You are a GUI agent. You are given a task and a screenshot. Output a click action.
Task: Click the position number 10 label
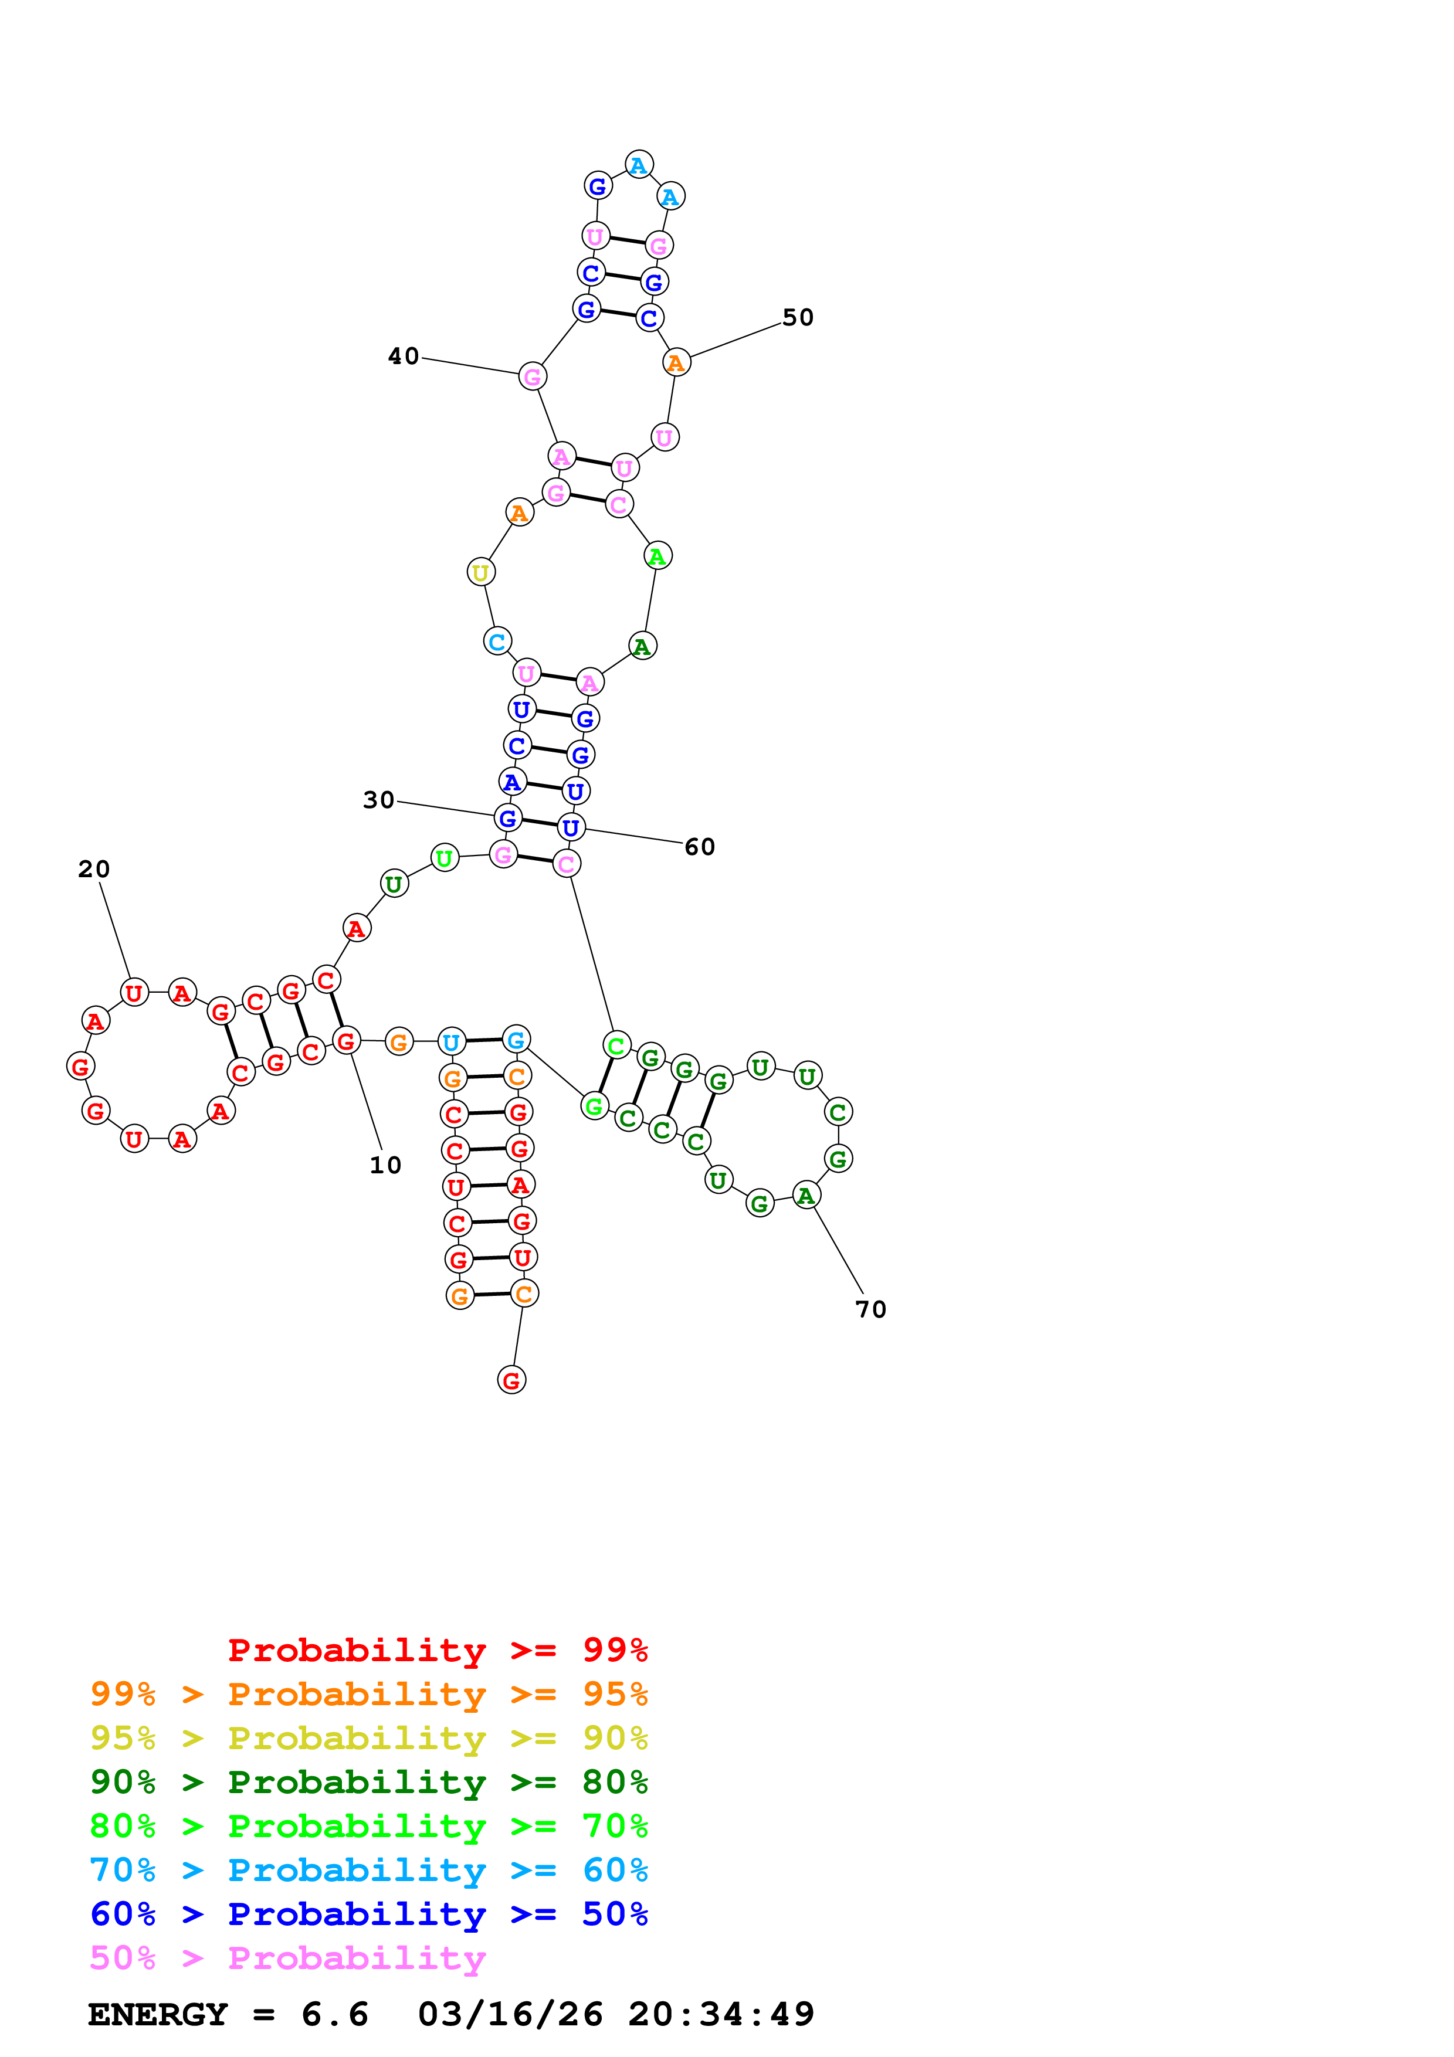(x=385, y=1165)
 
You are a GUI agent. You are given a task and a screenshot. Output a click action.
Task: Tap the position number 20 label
(x=94, y=869)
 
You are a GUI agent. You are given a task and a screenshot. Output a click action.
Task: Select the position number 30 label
(x=378, y=800)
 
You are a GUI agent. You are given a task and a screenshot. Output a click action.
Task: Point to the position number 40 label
(x=403, y=357)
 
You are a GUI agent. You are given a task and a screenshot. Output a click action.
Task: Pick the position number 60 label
(x=700, y=847)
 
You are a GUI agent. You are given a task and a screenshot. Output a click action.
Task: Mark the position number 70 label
(x=871, y=1310)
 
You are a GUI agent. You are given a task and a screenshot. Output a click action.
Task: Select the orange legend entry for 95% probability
(x=368, y=1694)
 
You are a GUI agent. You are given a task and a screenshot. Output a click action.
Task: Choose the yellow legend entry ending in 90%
(x=368, y=1738)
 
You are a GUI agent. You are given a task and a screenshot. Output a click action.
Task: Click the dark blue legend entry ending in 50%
(x=368, y=1914)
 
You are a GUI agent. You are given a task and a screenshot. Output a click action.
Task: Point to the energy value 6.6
(x=334, y=2014)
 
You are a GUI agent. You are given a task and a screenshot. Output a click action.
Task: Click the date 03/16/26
(x=510, y=2014)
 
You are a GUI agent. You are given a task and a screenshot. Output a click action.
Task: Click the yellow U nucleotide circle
(x=481, y=572)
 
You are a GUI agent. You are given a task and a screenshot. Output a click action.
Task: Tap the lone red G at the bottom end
(x=511, y=1380)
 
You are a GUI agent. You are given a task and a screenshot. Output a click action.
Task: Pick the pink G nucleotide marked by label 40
(x=532, y=376)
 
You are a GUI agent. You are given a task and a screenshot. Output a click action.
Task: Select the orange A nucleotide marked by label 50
(x=676, y=363)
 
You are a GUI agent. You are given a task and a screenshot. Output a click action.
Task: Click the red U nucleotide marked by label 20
(x=134, y=993)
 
